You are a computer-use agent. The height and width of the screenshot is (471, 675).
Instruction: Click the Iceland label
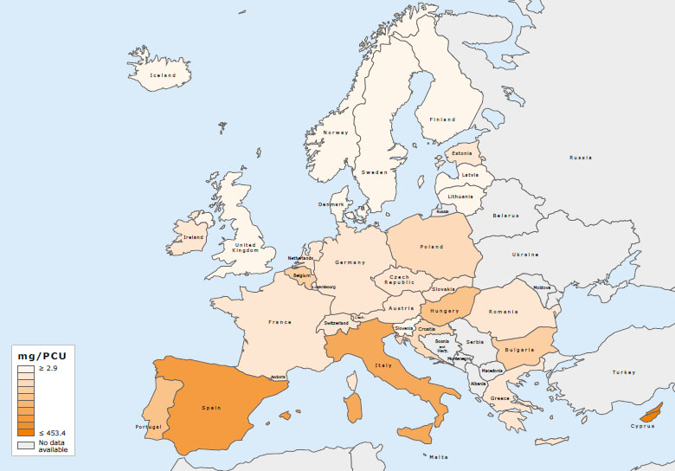(163, 75)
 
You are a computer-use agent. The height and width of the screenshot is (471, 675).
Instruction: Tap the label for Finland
(442, 119)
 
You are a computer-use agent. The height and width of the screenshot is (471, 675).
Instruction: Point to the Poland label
(431, 246)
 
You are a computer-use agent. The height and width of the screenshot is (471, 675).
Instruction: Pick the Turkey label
(623, 372)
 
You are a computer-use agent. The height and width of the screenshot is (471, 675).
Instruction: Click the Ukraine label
(525, 255)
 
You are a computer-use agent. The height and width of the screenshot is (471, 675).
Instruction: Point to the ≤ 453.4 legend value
(54, 432)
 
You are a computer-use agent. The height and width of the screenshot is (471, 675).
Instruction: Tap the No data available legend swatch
(26, 445)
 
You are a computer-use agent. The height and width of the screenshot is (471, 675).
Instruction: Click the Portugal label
(148, 426)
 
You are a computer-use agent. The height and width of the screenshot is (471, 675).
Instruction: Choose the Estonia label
(462, 154)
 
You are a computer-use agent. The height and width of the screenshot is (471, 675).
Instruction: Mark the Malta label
(439, 456)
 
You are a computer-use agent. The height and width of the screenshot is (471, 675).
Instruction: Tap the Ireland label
(192, 237)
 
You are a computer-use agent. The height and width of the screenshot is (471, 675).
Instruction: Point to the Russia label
(581, 158)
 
